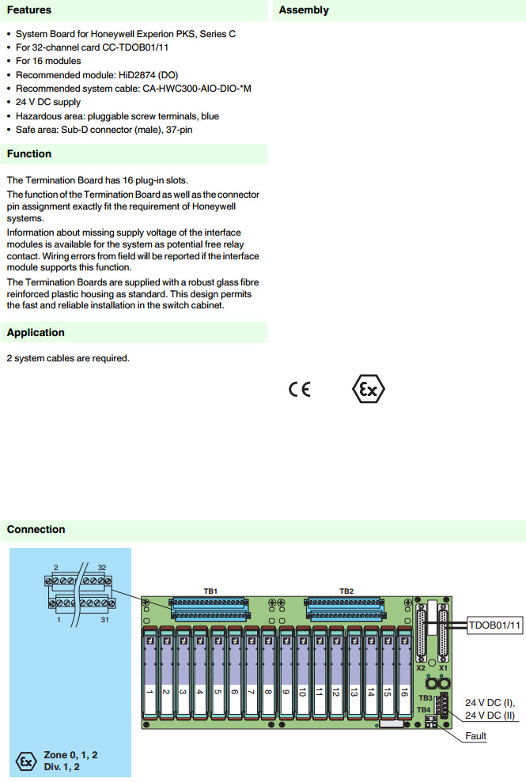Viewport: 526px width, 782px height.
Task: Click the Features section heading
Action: [29, 10]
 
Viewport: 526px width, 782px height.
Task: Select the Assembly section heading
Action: [304, 10]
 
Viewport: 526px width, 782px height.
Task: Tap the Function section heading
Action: [29, 153]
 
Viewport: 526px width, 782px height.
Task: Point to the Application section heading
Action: [36, 332]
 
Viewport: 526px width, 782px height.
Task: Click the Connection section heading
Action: [36, 529]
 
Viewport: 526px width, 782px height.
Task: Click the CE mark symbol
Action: [300, 389]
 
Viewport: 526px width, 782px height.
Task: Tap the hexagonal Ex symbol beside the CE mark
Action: [369, 389]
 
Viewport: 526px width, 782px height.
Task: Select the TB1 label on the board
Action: [210, 591]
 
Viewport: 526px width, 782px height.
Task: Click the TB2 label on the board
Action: [346, 591]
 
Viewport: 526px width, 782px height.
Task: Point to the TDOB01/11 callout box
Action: [495, 625]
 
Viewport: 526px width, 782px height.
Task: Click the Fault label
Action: [476, 736]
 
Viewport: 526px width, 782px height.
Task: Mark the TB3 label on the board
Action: [425, 698]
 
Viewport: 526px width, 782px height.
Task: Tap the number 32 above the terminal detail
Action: [102, 568]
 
